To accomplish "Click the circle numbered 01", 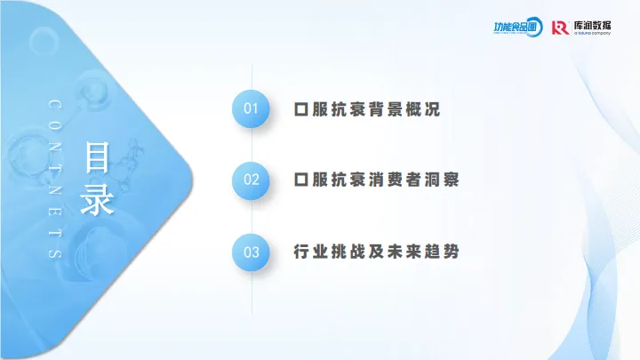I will click(252, 109).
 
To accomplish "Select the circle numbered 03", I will click(252, 252).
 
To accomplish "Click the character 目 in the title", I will click(98, 157).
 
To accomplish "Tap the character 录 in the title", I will click(98, 199).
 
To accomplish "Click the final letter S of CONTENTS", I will click(55, 255).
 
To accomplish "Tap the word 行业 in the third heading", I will click(304, 252).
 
